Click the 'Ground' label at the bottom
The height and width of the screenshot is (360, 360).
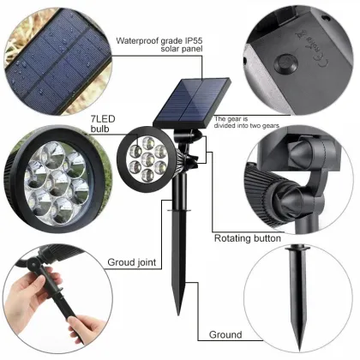(225, 335)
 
